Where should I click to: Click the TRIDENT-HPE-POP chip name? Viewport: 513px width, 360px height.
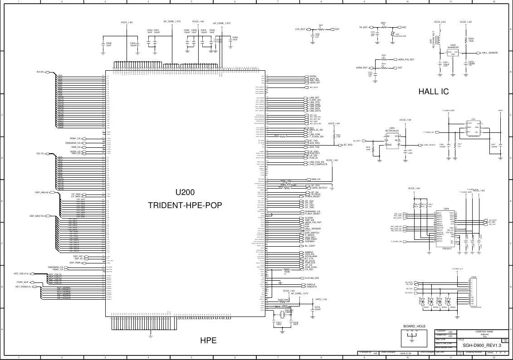click(185, 205)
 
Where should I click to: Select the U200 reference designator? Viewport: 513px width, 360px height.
click(185, 192)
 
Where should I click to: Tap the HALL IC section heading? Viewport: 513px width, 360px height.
click(433, 92)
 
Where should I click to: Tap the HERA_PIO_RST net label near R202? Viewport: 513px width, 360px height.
click(406, 59)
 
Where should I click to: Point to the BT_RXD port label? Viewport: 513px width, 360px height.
click(348, 145)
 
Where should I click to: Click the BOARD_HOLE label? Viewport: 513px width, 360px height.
click(414, 326)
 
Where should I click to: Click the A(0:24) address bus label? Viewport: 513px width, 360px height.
click(40, 72)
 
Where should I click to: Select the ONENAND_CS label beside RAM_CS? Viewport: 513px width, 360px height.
click(73, 143)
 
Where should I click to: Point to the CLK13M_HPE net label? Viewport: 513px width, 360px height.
click(312, 277)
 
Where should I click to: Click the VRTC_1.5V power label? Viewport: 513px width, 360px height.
click(321, 299)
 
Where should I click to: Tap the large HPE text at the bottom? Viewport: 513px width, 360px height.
click(209, 341)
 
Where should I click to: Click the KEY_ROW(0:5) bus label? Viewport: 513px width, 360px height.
click(23, 287)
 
